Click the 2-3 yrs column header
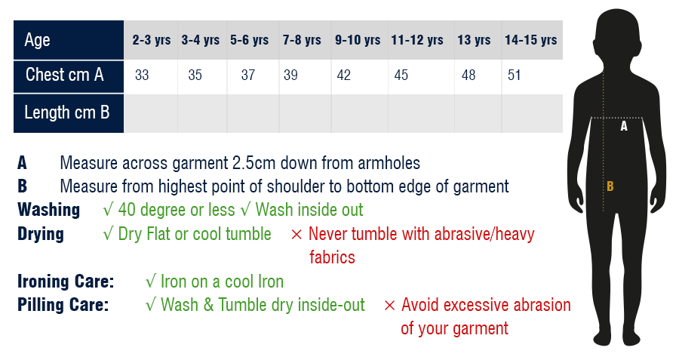[x=152, y=40]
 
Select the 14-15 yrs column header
[x=531, y=40]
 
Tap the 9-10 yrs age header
[x=358, y=40]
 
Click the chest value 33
[x=142, y=75]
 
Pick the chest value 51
[x=514, y=75]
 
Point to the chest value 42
[x=344, y=75]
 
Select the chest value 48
[x=469, y=75]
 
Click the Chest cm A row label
[x=65, y=75]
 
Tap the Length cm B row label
[x=67, y=112]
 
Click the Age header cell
[x=37, y=40]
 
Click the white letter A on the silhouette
[x=624, y=126]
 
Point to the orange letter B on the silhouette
[x=610, y=186]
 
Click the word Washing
[x=49, y=210]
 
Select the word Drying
[x=41, y=234]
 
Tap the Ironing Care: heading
[x=66, y=282]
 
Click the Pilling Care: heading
[x=63, y=305]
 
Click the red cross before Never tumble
[x=296, y=235]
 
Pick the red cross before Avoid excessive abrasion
[x=390, y=306]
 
